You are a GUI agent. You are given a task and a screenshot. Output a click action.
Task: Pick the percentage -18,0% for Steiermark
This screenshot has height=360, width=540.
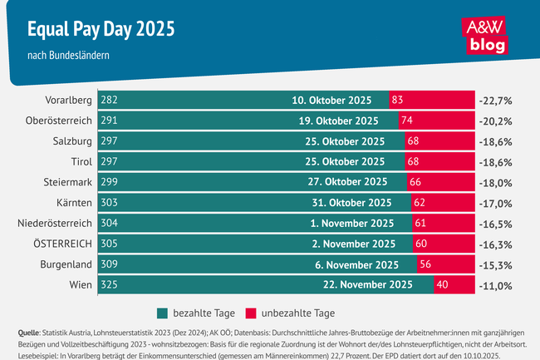[x=494, y=181]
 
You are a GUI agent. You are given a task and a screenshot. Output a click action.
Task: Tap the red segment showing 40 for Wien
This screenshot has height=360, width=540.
[x=453, y=284]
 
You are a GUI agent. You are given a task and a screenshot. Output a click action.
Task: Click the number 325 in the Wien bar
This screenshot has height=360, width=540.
[x=109, y=284]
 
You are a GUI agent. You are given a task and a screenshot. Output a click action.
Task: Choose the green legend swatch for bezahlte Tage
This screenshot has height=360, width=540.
[x=162, y=313]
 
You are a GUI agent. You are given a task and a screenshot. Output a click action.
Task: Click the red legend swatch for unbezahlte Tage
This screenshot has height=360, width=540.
[x=250, y=313]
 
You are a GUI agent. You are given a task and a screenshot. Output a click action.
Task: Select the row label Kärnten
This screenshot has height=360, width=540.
[x=71, y=202]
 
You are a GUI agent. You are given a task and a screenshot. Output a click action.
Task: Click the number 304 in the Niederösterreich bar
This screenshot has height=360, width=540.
[x=109, y=222]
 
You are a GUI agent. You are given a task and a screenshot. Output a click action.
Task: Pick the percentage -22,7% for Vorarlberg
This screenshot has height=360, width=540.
[x=494, y=100]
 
